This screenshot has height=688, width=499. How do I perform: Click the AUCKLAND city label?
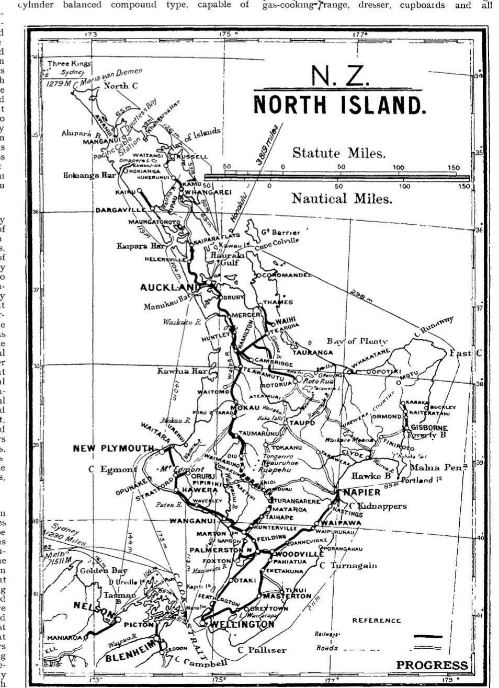[169, 288]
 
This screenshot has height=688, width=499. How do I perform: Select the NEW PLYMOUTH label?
[114, 448]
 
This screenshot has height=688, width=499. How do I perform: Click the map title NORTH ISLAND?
[339, 105]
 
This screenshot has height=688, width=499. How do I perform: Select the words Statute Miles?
[338, 153]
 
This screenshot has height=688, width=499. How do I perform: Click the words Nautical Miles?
[342, 198]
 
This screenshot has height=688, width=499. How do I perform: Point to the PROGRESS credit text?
[432, 665]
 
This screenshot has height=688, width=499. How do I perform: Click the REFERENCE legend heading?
[376, 621]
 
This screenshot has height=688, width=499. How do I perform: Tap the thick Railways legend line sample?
[427, 636]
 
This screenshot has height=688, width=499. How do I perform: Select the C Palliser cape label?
[262, 650]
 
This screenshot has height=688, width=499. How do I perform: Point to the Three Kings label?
[69, 63]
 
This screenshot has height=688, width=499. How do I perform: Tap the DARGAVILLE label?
[121, 210]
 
